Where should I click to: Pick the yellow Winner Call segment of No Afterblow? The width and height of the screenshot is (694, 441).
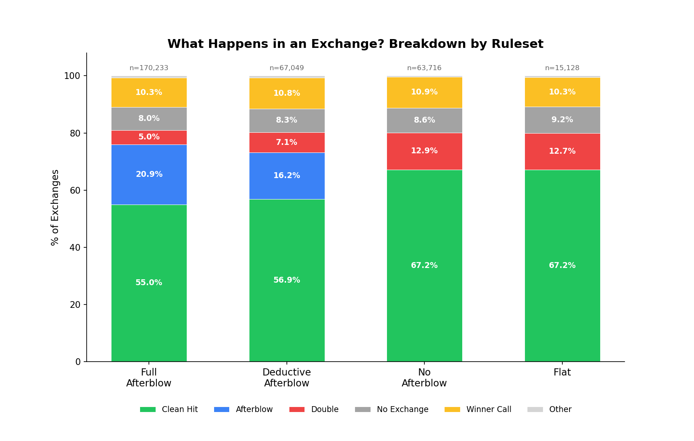pos(424,101)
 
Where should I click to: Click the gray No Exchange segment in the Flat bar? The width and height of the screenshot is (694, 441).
pos(562,126)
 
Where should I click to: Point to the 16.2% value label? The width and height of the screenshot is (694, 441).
pos(286,176)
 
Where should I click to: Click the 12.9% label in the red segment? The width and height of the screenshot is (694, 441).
pos(424,151)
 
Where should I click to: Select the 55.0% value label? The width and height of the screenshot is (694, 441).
pos(149,283)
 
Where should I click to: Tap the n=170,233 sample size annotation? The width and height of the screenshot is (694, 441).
pos(149,68)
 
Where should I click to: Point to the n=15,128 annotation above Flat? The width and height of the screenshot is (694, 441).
pos(562,68)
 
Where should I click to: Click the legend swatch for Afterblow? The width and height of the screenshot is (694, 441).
pos(222,409)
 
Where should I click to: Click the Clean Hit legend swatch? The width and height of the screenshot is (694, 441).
pos(148,409)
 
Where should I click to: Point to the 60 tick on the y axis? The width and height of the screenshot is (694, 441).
pos(75,190)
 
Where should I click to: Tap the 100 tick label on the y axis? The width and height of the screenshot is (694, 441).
pos(72,76)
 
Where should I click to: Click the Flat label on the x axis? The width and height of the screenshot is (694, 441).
pos(562,373)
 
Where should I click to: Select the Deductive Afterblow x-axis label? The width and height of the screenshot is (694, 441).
pos(286,378)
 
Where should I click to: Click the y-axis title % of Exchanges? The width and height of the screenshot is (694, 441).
pos(55,207)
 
